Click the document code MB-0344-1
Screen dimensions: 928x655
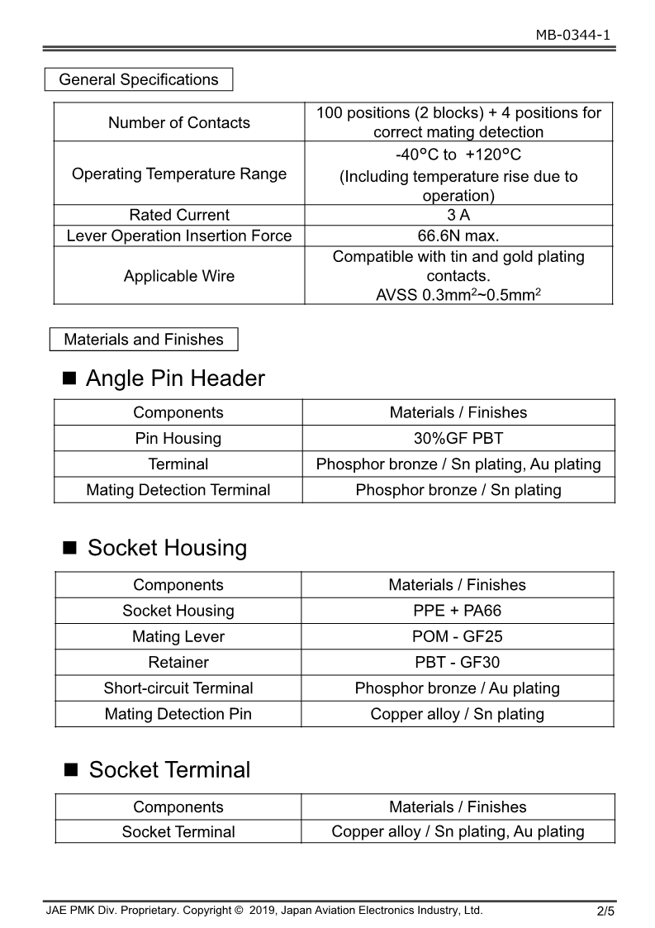[572, 35]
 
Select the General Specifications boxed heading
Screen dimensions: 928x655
[139, 80]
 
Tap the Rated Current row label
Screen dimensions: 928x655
[179, 215]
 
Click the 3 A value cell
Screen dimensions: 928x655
[458, 215]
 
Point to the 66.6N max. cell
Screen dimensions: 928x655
[458, 236]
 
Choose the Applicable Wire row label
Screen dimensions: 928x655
[179, 276]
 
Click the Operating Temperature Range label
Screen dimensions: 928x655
[179, 174]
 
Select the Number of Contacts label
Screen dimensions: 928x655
[179, 122]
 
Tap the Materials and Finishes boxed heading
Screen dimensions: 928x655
[144, 340]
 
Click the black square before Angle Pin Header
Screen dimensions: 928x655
[69, 379]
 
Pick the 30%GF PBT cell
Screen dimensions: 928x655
[458, 438]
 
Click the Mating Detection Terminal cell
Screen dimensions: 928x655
[178, 490]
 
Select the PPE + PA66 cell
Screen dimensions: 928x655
[457, 611]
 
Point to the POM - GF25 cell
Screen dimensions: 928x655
[457, 636]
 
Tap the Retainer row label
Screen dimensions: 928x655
[178, 662]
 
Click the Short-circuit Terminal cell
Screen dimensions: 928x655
[178, 688]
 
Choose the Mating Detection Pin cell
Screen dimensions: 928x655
[178, 714]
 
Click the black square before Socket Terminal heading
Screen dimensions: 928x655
[71, 770]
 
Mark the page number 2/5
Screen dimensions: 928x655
[605, 912]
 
